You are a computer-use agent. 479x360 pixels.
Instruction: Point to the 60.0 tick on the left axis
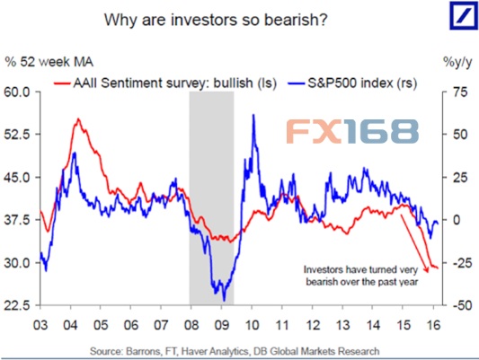click(19, 92)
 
